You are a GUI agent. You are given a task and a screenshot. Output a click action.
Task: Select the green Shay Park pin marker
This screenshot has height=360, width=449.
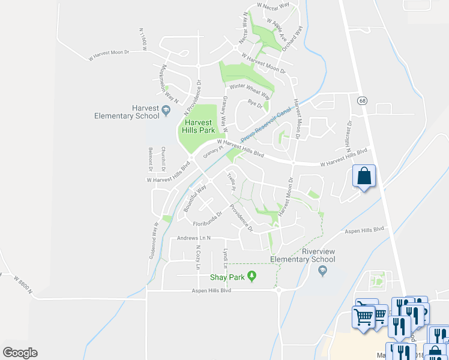click(253, 277)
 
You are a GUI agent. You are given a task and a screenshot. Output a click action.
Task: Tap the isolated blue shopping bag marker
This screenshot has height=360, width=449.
click(364, 177)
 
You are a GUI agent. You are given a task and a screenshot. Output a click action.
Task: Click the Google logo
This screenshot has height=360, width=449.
click(20, 353)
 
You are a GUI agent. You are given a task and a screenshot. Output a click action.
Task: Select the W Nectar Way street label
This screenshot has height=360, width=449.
click(273, 5)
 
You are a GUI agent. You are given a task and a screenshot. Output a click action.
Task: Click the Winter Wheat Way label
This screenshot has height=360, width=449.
click(249, 89)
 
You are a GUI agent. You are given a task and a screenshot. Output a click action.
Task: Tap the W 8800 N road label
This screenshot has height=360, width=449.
click(30, 281)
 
